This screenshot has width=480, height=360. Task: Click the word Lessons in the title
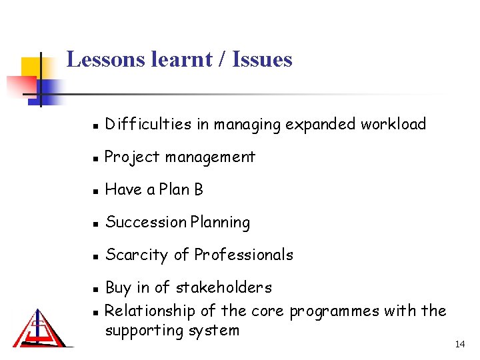click(x=105, y=59)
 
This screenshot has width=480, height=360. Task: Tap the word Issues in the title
click(x=261, y=59)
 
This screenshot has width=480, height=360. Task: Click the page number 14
click(x=459, y=344)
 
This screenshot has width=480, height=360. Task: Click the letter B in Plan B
click(x=198, y=190)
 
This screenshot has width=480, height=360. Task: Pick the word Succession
click(x=145, y=223)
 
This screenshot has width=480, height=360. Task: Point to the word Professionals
click(x=243, y=255)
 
